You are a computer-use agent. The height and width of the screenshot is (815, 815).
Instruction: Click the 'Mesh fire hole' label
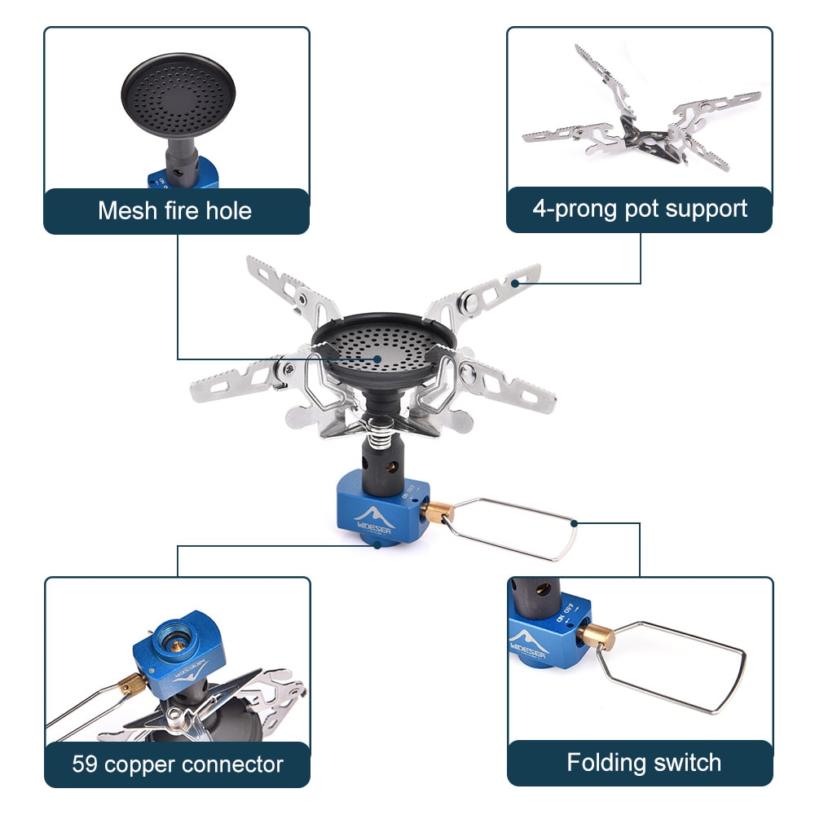[175, 210]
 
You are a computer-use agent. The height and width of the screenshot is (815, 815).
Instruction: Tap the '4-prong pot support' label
[640, 209]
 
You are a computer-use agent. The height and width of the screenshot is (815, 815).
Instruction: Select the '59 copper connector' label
[178, 764]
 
